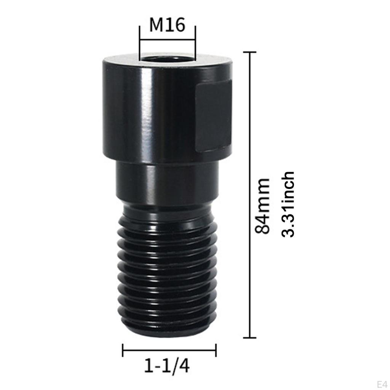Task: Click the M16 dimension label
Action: [x=167, y=26]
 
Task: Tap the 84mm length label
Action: [x=263, y=206]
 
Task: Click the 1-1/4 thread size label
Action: [x=167, y=366]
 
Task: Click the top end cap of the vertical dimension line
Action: [x=249, y=52]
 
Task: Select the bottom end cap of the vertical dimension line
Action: [x=249, y=337]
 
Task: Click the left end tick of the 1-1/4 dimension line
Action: [x=123, y=350]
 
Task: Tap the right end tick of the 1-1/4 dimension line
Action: [x=216, y=350]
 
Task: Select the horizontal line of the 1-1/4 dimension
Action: [x=169, y=350]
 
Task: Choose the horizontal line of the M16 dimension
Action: [x=167, y=39]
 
